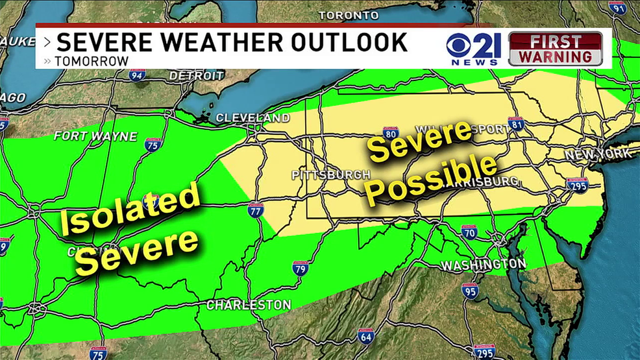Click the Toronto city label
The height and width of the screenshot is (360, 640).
tap(349, 15)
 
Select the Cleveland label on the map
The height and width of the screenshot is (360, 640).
tap(252, 118)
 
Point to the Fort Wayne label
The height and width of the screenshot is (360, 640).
tap(95, 136)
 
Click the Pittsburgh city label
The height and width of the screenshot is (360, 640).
tap(331, 174)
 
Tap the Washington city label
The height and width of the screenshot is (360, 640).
tap(483, 265)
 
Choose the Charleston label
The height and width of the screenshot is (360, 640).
tap(249, 304)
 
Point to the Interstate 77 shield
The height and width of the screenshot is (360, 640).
tap(256, 210)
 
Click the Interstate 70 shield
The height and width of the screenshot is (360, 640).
tap(470, 232)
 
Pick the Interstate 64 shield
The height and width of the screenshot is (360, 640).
tap(365, 336)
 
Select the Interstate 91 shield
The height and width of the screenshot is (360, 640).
tap(617, 8)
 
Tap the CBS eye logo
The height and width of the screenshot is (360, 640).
tap(460, 46)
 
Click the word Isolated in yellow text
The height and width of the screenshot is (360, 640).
tap(129, 210)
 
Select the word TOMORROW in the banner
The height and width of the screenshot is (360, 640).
tap(91, 61)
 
